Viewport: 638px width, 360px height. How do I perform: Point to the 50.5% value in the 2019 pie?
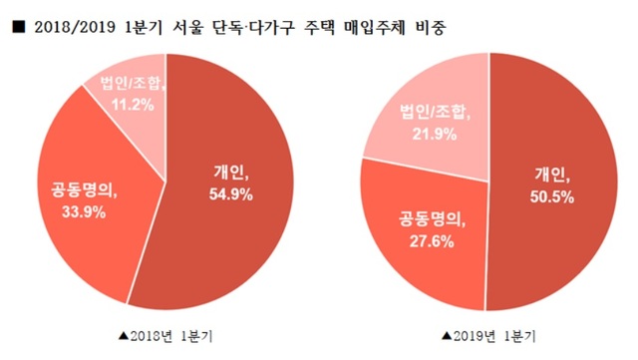553,196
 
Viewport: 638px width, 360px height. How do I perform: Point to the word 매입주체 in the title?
375,27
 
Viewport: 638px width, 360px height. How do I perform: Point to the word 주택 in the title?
318,27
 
